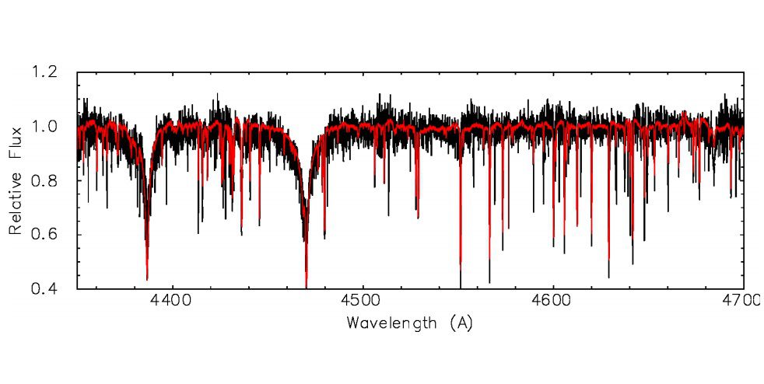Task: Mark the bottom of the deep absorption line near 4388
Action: coord(147,278)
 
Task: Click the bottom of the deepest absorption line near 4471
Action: coord(307,286)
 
